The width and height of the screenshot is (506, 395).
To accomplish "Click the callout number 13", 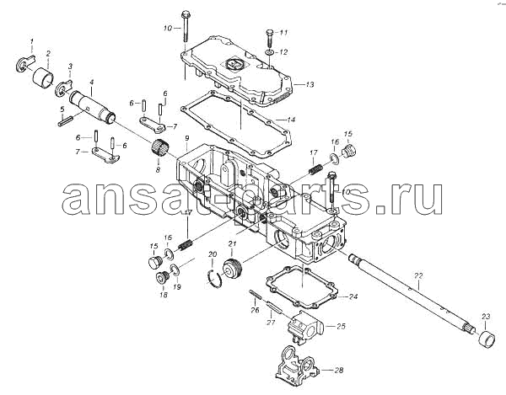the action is point(310,85).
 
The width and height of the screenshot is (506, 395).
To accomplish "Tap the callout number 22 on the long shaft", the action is point(418,275).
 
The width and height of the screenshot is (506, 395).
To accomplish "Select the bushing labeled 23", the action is point(486,339).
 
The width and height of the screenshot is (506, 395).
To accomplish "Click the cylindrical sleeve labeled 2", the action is point(43,77).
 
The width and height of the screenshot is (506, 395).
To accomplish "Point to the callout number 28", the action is point(338,371).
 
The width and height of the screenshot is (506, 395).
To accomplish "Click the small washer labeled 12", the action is point(270,52).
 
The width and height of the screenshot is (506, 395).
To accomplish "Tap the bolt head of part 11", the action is point(270,32).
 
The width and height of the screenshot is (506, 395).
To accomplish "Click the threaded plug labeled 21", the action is point(232,268).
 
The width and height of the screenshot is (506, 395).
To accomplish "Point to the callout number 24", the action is point(353,296).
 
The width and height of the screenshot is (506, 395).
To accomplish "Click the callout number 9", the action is point(187,139).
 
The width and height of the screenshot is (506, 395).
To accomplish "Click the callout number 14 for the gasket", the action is point(291,120).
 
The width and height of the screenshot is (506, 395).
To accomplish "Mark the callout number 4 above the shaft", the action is point(92,83).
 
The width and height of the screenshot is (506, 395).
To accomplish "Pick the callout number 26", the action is point(255,311).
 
